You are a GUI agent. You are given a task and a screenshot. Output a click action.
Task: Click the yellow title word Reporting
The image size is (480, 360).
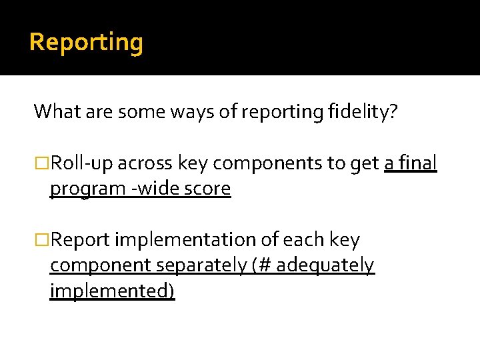(x=86, y=42)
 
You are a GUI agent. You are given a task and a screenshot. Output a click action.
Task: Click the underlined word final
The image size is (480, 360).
(x=418, y=163)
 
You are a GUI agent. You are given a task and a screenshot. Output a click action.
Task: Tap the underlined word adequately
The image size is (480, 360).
(x=325, y=266)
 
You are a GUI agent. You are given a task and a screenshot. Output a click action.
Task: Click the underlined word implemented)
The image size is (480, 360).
(x=113, y=292)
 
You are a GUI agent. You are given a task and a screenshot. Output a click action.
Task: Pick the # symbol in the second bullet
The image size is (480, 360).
(x=265, y=266)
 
